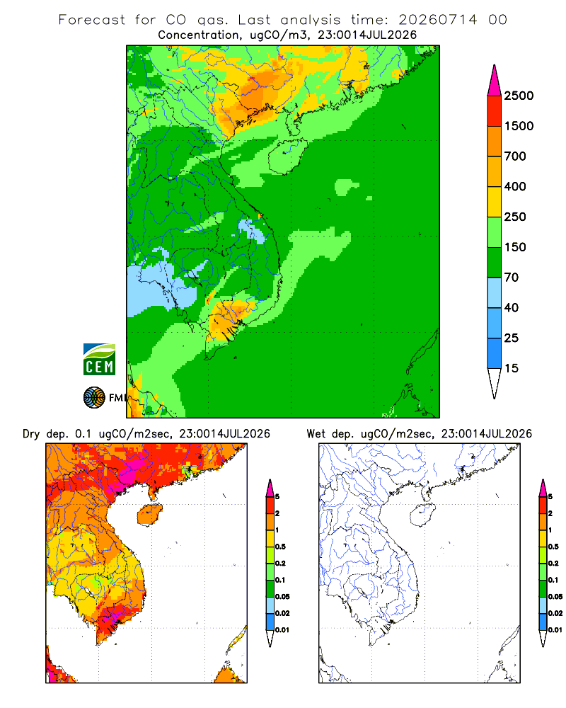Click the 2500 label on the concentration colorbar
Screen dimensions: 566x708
click(x=519, y=96)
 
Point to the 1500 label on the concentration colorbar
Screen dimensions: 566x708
click(x=519, y=126)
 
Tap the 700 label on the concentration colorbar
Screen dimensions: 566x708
click(x=515, y=156)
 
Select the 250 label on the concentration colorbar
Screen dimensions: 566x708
click(x=515, y=217)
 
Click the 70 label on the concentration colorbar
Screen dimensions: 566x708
click(x=512, y=278)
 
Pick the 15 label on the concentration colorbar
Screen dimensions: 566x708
click(x=512, y=368)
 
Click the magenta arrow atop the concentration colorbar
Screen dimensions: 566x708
click(x=495, y=81)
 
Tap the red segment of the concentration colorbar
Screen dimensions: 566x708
click(x=495, y=111)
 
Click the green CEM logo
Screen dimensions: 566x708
click(x=99, y=359)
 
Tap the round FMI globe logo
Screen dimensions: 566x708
click(x=94, y=398)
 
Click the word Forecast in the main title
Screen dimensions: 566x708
click(x=92, y=20)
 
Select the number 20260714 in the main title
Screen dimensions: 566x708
click(x=437, y=20)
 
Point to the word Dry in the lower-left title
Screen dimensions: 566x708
click(x=31, y=434)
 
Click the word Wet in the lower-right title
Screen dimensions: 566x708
click(x=316, y=434)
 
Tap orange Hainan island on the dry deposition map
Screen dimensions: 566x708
click(x=150, y=515)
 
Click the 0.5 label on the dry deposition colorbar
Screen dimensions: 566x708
click(x=281, y=547)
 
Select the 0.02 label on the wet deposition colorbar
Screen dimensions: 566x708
click(x=555, y=613)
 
